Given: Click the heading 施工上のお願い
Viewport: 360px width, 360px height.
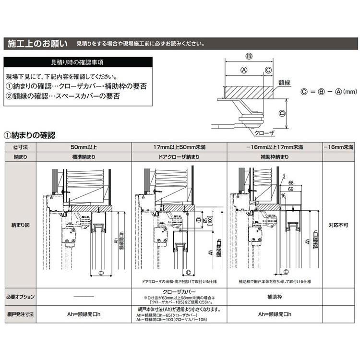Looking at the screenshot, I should click(x=37, y=44).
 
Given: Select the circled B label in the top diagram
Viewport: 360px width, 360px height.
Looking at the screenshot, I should click(x=249, y=56).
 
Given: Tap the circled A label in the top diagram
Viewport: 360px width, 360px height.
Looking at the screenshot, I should click(x=243, y=70).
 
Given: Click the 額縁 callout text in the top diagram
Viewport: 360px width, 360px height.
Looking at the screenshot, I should click(x=285, y=83).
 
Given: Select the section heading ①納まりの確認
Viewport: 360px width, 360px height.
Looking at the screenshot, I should click(x=29, y=135).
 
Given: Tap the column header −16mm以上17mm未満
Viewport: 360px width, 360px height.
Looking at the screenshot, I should click(x=275, y=146).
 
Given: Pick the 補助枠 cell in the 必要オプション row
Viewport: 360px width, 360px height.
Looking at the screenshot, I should click(x=275, y=296).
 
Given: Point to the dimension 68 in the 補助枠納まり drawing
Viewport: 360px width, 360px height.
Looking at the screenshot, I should click(x=291, y=182).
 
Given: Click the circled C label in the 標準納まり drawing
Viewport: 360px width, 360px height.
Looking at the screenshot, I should click(x=101, y=273).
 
